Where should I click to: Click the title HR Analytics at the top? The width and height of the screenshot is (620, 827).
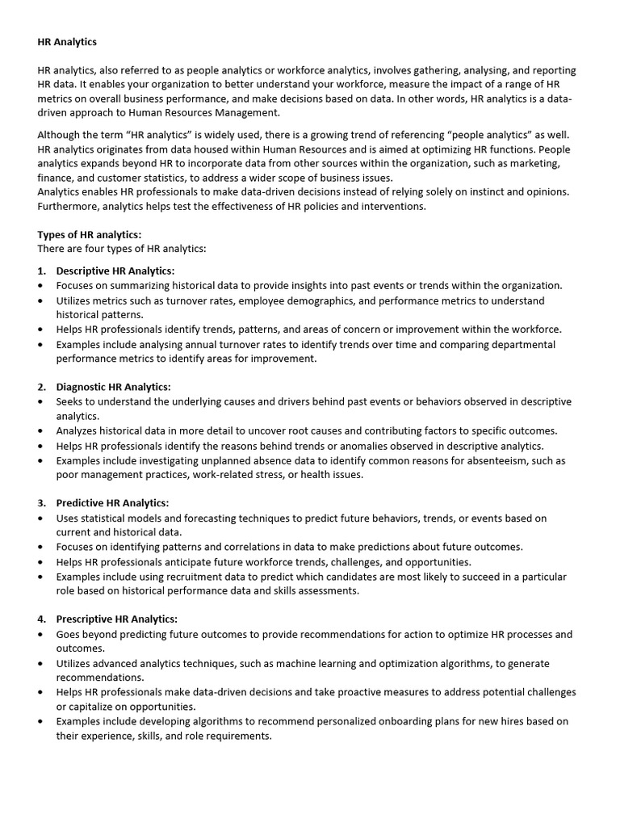coord(67,41)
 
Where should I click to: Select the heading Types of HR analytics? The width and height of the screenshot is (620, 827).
coord(89,234)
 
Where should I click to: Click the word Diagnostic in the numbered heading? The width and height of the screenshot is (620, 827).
coord(82,387)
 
